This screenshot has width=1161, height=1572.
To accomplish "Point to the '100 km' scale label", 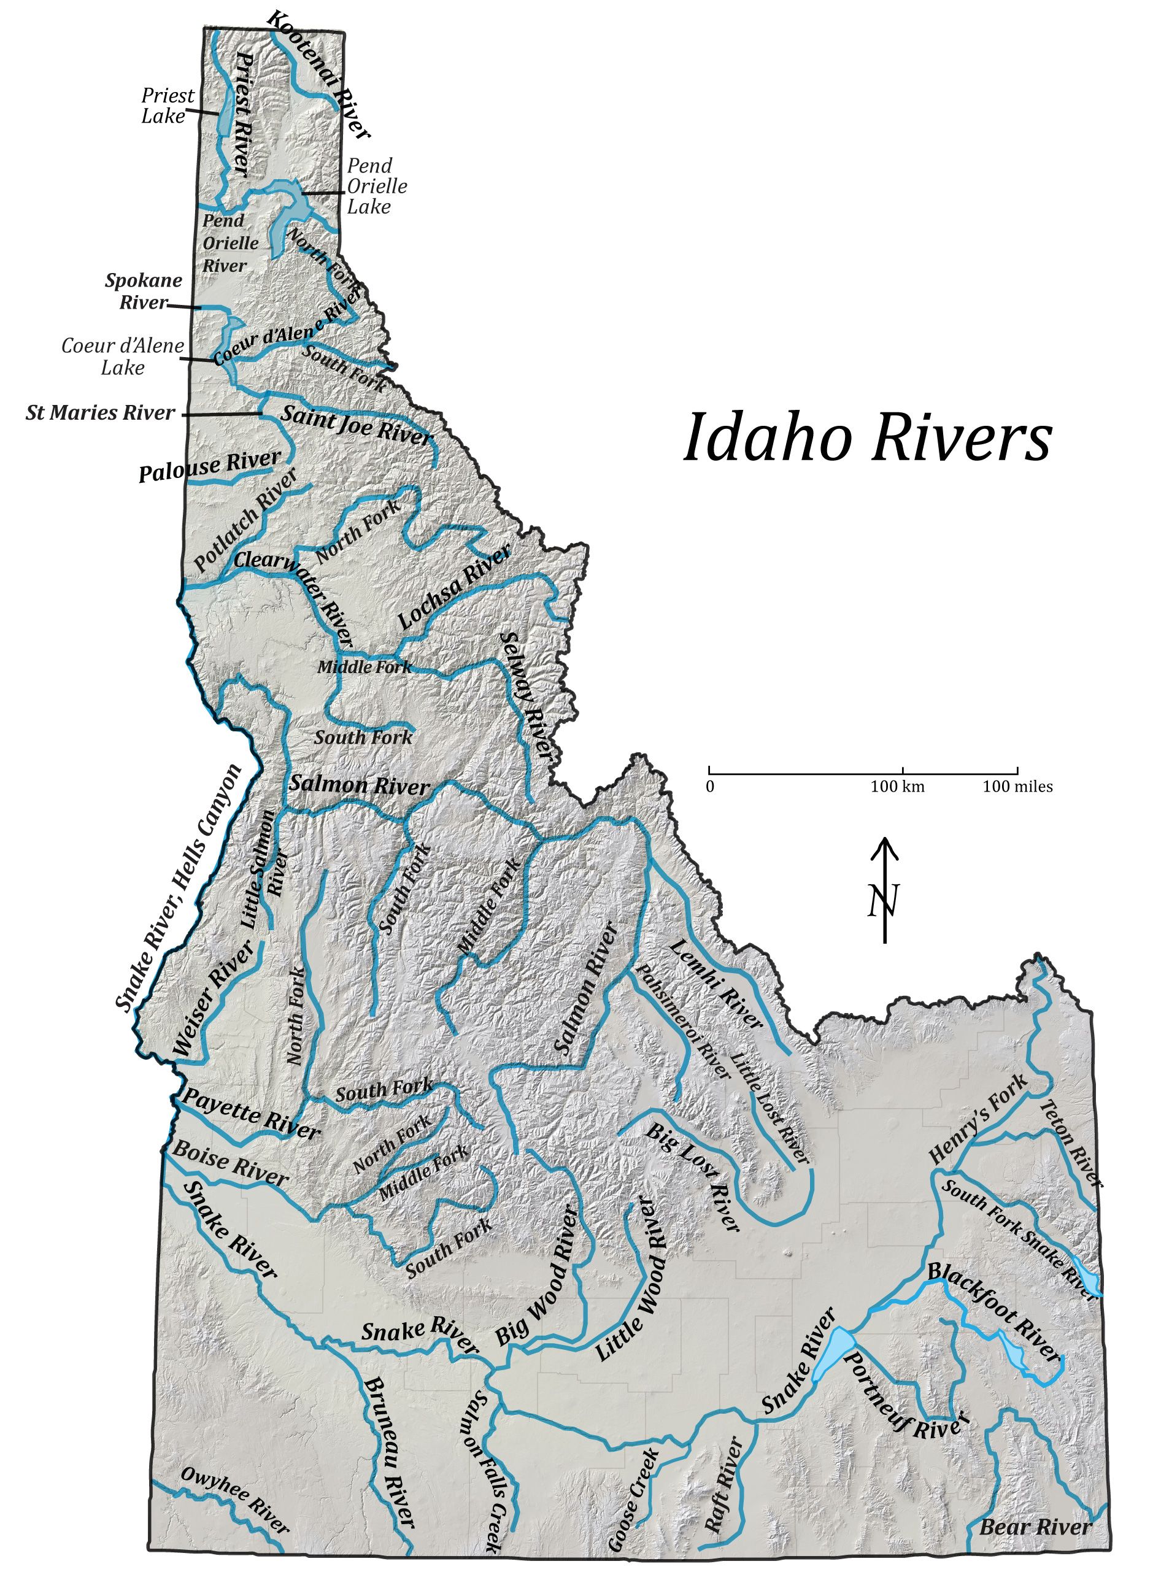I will click(898, 787).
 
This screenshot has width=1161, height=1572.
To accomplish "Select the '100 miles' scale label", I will click(1017, 787).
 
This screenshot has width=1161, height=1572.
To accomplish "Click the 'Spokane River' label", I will click(144, 291).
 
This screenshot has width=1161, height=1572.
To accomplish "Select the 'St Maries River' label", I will click(100, 412).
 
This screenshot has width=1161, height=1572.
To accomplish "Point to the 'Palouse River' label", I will click(209, 466).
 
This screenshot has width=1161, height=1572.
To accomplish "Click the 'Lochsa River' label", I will click(455, 588).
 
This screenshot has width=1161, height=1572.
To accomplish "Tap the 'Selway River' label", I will click(526, 695).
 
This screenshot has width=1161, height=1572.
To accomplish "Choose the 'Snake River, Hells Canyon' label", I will click(179, 888).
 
